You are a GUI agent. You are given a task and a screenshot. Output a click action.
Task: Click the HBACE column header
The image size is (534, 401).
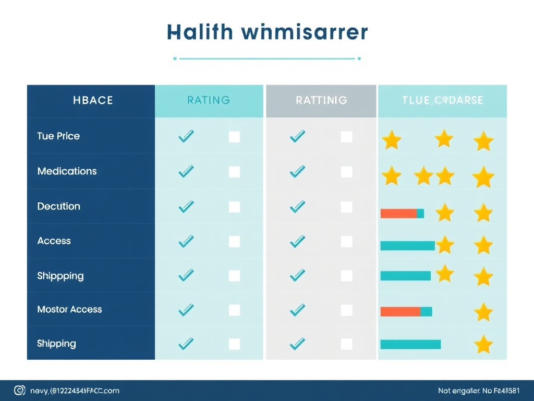click(x=93, y=100)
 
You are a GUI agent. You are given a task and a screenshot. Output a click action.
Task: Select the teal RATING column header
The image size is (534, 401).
click(x=209, y=100)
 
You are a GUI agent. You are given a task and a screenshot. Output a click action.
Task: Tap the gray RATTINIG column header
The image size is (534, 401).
click(x=321, y=100)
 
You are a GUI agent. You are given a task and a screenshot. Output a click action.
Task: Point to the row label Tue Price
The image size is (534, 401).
click(x=58, y=136)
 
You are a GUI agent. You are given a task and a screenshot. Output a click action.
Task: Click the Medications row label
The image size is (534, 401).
click(x=67, y=171)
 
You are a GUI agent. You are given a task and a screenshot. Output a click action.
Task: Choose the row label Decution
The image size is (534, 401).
click(x=58, y=206)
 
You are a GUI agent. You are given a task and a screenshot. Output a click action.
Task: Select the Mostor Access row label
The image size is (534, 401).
click(x=69, y=310)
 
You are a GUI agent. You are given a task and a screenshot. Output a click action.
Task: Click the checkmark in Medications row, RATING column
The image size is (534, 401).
click(x=186, y=171)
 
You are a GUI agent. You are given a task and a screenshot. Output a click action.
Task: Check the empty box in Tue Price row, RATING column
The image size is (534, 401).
click(x=235, y=137)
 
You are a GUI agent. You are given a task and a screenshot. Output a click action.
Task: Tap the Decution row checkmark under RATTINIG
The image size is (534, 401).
click(x=297, y=207)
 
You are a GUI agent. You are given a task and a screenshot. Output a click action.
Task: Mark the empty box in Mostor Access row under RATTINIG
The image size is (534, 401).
click(x=346, y=311)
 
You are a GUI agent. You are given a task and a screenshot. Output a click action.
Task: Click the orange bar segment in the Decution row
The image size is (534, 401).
click(x=398, y=213)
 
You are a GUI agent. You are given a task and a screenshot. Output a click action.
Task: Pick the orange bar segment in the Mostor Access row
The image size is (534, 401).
click(x=400, y=312)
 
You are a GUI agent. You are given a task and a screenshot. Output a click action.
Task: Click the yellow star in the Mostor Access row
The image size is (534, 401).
click(x=483, y=312)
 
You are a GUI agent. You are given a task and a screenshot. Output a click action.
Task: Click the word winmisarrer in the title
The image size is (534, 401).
click(x=305, y=32)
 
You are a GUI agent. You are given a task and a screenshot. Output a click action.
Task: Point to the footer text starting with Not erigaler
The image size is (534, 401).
click(x=479, y=391)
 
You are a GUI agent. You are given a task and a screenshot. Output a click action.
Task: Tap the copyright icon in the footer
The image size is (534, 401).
click(x=19, y=390)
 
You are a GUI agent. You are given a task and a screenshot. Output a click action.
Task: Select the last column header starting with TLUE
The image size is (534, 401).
click(x=442, y=100)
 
